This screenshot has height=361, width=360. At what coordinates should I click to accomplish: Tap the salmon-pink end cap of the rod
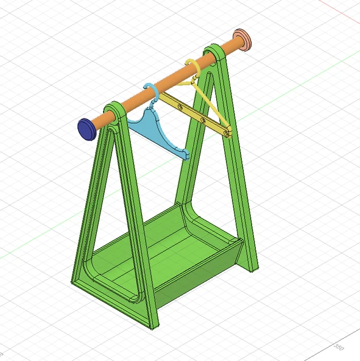point(244,40)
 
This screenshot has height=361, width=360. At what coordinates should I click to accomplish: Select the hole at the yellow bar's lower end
point(226,130)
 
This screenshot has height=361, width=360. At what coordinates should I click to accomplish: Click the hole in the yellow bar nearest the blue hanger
point(179,105)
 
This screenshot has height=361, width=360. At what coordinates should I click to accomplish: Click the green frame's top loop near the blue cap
point(116,110)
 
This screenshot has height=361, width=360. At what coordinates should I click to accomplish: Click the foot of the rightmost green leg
point(252,265)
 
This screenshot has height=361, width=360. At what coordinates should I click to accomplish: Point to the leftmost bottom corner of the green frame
point(76,280)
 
